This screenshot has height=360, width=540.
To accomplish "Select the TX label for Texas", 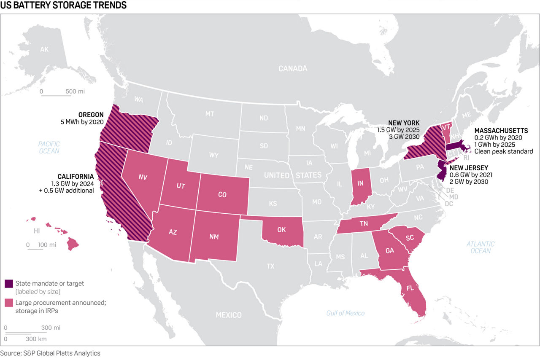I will point(270,266).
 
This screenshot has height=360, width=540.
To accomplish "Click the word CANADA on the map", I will point(293,68).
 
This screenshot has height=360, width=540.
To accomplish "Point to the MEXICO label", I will point(229,315).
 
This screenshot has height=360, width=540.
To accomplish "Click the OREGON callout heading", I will point(91,115).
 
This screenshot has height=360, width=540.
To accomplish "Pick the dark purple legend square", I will point(8,284).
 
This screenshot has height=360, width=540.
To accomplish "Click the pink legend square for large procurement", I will point(8,303).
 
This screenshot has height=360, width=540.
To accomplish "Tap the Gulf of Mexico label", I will point(345,313).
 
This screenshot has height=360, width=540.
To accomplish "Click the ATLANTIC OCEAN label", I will point(481,247).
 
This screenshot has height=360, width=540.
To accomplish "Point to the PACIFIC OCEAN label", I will point(49,147).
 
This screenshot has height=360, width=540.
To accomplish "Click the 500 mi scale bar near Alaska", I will point(56,96).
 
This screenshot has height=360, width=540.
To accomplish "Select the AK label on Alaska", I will point(44,50).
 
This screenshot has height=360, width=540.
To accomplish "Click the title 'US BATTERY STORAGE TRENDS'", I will point(63,6).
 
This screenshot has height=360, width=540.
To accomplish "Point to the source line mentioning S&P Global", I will point(50,353).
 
